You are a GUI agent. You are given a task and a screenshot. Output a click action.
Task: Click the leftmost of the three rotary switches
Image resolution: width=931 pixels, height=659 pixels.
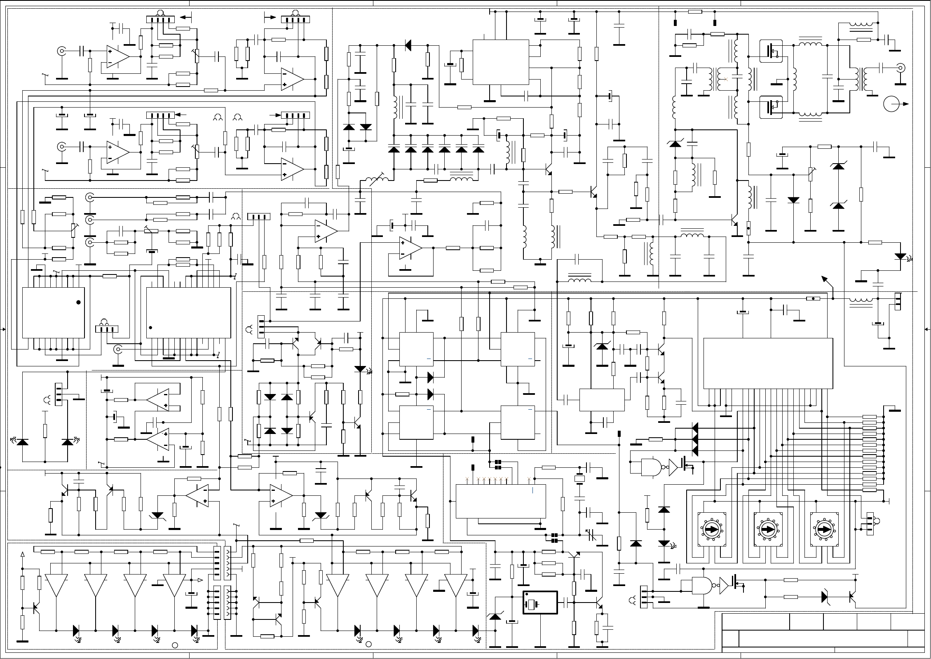(x=711, y=529)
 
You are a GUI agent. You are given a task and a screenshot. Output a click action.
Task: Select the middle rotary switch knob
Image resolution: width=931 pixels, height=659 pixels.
(x=768, y=529)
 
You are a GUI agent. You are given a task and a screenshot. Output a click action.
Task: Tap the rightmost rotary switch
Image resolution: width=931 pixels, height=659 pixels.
(x=824, y=529)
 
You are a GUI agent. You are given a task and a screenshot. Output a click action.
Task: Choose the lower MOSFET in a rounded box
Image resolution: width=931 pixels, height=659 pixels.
(x=771, y=107)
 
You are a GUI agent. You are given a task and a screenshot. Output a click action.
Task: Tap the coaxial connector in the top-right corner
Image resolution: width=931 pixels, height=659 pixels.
(x=901, y=68)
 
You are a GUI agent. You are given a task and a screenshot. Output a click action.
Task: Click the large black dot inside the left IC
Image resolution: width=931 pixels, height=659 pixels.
(x=78, y=302)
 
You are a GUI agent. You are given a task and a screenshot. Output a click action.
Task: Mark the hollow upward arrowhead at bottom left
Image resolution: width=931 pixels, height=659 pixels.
(x=23, y=554)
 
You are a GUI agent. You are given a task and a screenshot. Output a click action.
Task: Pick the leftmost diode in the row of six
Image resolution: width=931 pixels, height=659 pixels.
(x=394, y=149)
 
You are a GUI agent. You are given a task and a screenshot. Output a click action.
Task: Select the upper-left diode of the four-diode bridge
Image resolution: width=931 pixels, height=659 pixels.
(x=270, y=397)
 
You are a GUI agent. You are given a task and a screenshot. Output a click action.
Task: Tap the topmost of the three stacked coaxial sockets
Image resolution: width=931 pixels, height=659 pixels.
(x=89, y=198)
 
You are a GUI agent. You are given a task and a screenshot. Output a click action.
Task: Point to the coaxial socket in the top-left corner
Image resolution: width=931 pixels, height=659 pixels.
(x=62, y=51)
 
